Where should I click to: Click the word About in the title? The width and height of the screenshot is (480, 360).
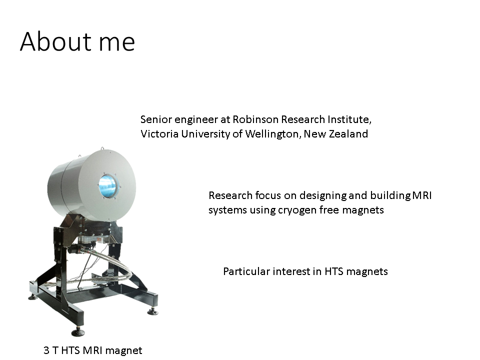55,41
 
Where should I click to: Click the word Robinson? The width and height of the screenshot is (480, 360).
255,119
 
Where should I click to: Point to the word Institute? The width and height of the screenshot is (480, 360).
349,119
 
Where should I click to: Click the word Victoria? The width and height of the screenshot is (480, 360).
159,134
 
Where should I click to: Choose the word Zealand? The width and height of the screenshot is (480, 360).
348,134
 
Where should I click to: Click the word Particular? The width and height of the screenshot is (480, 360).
246,271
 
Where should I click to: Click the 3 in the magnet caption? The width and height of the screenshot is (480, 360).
46,350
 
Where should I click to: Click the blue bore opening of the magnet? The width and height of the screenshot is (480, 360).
108,186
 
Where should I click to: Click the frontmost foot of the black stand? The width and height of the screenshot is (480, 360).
78,331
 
